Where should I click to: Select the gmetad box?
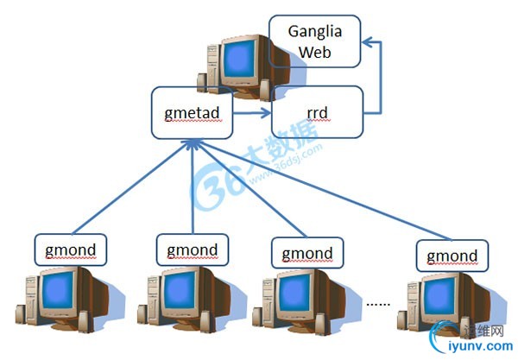coord(191,113)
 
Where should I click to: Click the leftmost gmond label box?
coord(71,249)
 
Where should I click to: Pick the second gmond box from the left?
coord(193,249)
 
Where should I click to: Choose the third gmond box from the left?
coord(307,254)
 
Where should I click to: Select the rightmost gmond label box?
coord(452,256)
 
